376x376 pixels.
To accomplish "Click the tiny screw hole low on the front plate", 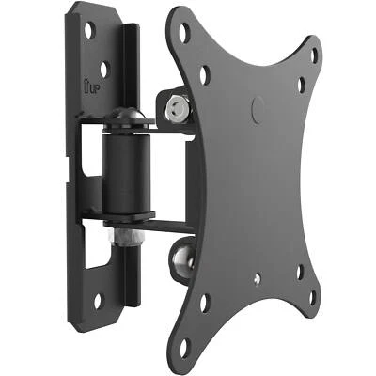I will (256, 279).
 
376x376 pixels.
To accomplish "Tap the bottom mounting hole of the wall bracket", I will (98, 301).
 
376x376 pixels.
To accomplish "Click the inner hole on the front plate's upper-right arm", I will (301, 86).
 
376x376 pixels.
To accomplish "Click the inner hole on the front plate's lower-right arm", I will (300, 273).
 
